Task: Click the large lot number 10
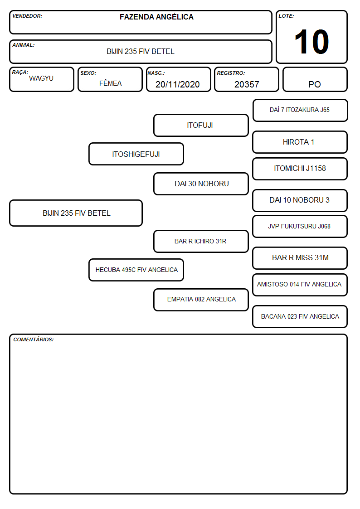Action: (311, 42)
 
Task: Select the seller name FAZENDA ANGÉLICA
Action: (156, 17)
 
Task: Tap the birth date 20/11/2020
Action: (178, 84)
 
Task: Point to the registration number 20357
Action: (247, 84)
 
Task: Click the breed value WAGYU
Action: (41, 78)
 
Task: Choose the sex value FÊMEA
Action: (110, 83)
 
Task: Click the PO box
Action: (315, 79)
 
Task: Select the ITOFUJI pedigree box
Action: (201, 125)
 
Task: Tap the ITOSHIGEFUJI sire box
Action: (136, 154)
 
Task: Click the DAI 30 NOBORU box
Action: (201, 184)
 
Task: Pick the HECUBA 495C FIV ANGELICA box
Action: (136, 270)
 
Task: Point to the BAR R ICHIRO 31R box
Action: (201, 241)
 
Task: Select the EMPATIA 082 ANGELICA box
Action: (201, 300)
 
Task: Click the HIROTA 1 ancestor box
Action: (300, 142)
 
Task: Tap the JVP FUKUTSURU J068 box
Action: (300, 226)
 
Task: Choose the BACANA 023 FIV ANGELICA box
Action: (300, 316)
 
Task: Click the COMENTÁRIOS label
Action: (34, 339)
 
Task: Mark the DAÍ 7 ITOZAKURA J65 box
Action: (300, 111)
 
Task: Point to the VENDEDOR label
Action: (27, 16)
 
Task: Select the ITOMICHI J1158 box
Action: (300, 169)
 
